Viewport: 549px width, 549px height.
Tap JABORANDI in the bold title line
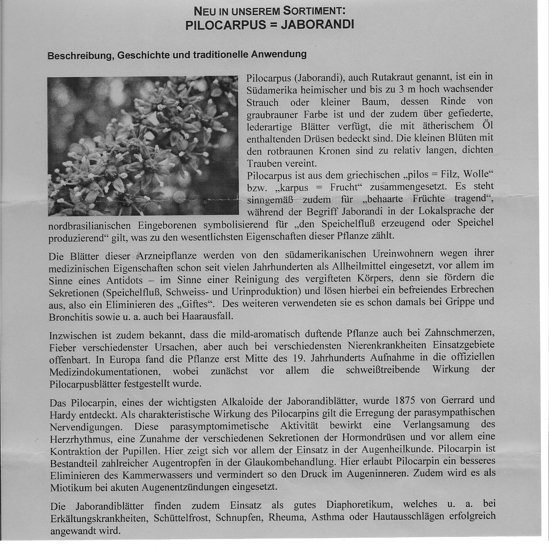pos(317,25)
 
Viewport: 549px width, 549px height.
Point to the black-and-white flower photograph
pos(143,146)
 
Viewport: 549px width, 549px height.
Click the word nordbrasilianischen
pos(90,226)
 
